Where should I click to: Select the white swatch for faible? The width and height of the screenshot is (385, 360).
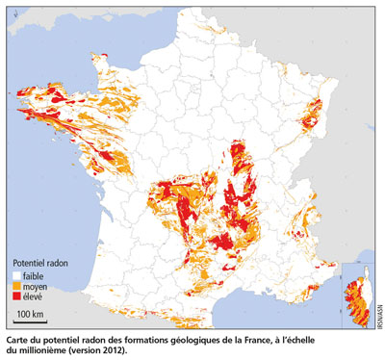(16, 274)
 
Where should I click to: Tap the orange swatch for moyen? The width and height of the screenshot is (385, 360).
(16, 286)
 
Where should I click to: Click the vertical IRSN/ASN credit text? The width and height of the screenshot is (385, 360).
(378, 313)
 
